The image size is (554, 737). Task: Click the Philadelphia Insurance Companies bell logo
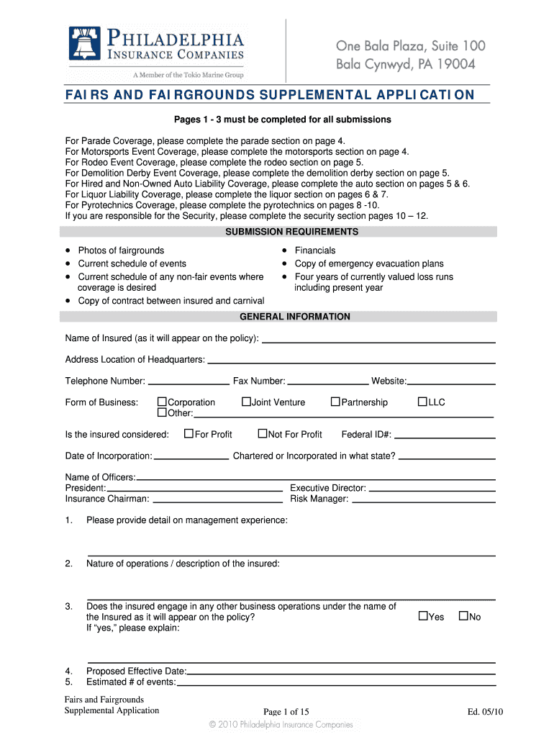83,43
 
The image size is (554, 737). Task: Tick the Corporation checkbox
162,402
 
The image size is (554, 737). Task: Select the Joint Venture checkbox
246,402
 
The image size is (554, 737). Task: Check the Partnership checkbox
335,402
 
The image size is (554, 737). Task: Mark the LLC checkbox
422,402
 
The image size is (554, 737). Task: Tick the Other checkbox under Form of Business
162,412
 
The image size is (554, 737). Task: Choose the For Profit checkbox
189,433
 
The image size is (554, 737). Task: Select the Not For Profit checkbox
263,433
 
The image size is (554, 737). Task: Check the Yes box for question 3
423,616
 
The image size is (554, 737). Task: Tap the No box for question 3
463,616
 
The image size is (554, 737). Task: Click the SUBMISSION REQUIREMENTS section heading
291,232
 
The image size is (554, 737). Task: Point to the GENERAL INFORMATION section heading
295,317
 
